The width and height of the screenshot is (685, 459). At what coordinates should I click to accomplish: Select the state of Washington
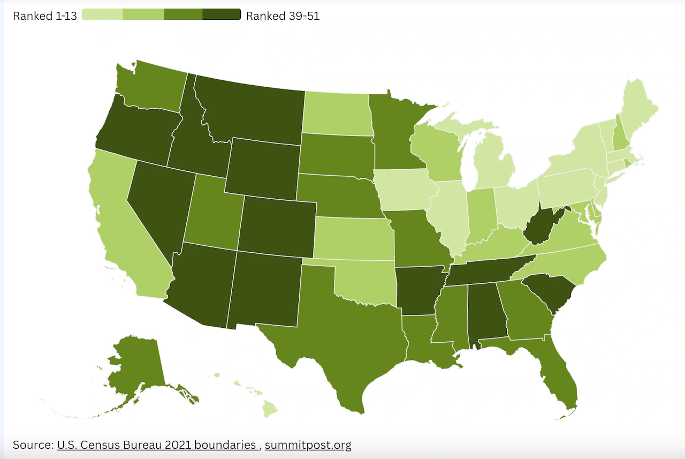(147, 86)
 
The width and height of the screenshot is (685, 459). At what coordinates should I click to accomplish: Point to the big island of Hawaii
(271, 410)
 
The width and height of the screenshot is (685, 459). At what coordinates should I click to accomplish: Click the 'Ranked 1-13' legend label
(44, 16)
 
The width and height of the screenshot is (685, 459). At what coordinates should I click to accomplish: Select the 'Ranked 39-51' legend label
(283, 16)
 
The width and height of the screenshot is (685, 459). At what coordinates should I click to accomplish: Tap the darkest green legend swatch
(222, 15)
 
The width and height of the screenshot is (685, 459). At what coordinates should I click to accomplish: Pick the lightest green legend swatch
(102, 15)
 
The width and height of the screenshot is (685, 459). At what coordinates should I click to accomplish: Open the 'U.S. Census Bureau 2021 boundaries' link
(156, 445)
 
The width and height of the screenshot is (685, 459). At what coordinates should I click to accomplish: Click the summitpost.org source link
(308, 445)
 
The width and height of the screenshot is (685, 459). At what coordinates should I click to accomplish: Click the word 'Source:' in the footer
(33, 445)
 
